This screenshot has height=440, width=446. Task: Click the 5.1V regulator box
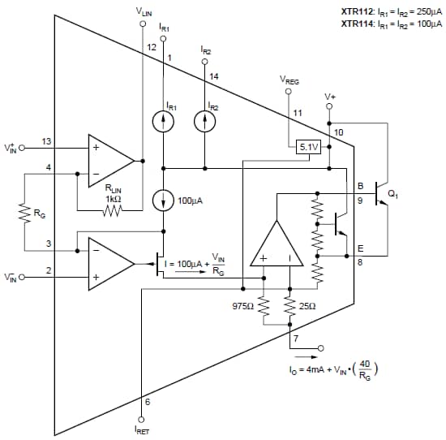coord(309,147)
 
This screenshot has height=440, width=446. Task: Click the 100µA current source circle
coord(165,200)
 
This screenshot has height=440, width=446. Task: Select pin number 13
coord(47,142)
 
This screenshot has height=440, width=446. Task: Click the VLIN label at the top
coord(143,13)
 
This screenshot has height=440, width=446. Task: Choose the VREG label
coord(288,80)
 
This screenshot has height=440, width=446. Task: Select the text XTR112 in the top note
coord(357,12)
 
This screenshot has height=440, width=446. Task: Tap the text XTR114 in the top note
coord(357,24)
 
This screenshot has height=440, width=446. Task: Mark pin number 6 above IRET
coord(147,401)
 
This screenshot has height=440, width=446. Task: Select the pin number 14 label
coord(214,76)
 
